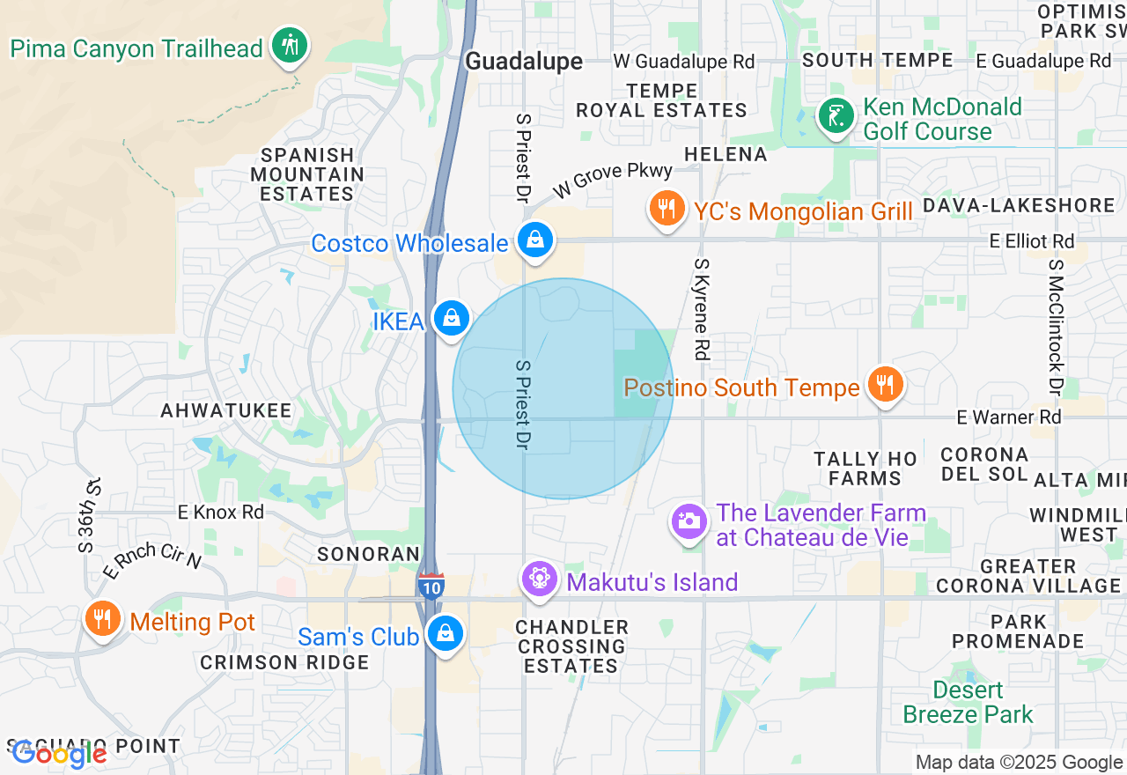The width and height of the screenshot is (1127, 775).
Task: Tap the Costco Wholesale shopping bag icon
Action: (534, 239)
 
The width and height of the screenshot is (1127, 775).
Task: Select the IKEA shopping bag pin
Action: (451, 318)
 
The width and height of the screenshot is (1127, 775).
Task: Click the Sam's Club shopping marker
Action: (446, 633)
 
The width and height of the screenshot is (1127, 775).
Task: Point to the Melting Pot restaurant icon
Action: (103, 618)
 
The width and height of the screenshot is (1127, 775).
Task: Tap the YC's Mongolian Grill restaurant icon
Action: (667, 209)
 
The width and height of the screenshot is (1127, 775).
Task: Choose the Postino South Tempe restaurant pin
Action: (886, 384)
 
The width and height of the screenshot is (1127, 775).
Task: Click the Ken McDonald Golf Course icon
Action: (836, 116)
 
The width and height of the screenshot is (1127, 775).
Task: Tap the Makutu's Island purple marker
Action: (539, 579)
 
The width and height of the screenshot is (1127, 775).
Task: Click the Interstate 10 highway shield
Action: (431, 587)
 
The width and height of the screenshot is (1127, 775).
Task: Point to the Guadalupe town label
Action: (524, 61)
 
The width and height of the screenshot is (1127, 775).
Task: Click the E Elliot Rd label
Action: (1032, 240)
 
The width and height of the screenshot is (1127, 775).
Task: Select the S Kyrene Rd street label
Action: (702, 308)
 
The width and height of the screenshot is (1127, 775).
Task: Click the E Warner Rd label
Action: (1009, 417)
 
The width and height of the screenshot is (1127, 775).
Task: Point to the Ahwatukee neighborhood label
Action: (225, 410)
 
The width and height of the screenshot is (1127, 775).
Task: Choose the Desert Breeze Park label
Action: (969, 702)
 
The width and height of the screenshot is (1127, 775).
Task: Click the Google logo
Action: (58, 754)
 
